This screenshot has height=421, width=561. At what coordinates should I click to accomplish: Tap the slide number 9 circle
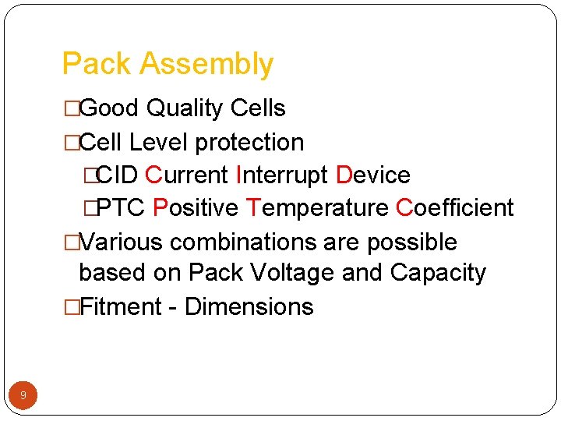(23, 395)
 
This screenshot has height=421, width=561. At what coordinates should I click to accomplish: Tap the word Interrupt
(281, 175)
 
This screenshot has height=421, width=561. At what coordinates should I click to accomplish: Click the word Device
(373, 175)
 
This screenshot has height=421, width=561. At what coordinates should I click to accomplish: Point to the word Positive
(196, 208)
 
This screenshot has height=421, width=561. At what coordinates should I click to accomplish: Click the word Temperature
(317, 209)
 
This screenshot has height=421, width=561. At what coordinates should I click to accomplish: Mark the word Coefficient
(455, 208)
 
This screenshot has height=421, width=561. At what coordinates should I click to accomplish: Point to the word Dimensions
(249, 306)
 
